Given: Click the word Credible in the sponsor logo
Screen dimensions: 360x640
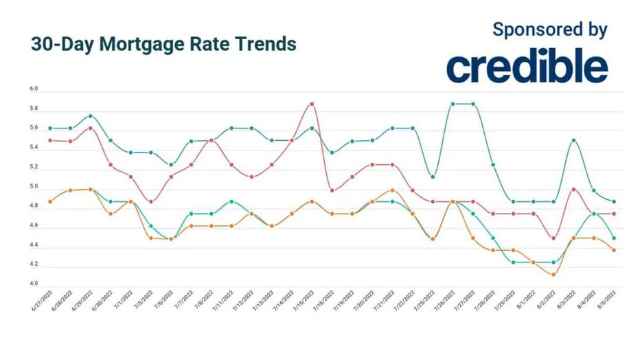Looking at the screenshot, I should [x=527, y=67].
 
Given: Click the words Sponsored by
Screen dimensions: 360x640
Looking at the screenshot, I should [x=550, y=30].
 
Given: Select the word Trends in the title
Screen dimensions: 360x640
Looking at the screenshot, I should [x=268, y=44].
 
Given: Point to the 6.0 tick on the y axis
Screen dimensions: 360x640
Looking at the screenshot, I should [x=34, y=90].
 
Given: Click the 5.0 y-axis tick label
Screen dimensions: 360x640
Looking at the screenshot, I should [x=34, y=187].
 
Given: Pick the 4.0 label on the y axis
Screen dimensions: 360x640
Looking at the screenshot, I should [x=34, y=284].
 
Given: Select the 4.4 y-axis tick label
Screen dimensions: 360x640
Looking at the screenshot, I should [x=34, y=245].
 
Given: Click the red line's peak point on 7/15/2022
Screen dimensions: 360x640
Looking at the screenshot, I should [x=312, y=104].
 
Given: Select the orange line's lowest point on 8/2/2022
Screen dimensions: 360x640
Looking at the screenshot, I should [x=553, y=274].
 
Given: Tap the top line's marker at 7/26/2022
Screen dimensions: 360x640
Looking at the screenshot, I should [x=453, y=104].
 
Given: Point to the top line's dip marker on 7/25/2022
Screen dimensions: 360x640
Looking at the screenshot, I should [x=433, y=177].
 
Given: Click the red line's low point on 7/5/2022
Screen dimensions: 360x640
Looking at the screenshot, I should [x=151, y=201].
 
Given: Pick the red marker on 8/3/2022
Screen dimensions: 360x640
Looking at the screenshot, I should [x=573, y=189].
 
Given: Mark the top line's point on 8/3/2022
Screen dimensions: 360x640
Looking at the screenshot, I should [x=573, y=140].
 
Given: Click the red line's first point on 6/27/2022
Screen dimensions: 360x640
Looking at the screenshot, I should [x=50, y=139].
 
